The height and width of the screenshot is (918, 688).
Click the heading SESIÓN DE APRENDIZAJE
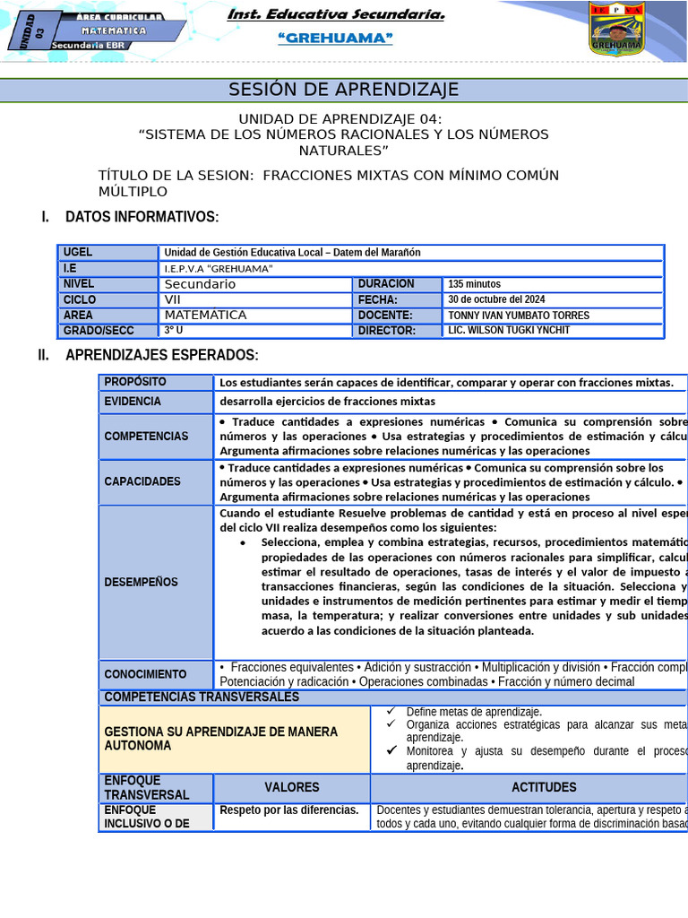pyautogui.click(x=344, y=90)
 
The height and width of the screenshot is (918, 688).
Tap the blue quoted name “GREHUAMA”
pyautogui.click(x=336, y=38)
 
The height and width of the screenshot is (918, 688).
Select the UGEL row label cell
pyautogui.click(x=107, y=253)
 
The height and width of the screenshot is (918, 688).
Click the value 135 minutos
pyautogui.click(x=476, y=284)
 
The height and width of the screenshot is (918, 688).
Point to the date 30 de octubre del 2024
pyautogui.click(x=496, y=299)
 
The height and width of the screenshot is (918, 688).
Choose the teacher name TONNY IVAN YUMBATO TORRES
pyautogui.click(x=519, y=316)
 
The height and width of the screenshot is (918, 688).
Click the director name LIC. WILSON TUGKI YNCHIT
pyautogui.click(x=508, y=330)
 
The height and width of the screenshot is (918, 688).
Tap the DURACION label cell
pyautogui.click(x=386, y=283)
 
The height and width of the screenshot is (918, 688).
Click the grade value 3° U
pyautogui.click(x=174, y=331)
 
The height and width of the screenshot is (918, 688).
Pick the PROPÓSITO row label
pyautogui.click(x=135, y=383)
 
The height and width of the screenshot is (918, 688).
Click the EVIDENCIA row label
pyautogui.click(x=133, y=402)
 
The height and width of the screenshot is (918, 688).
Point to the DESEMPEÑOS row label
pyautogui.click(x=141, y=582)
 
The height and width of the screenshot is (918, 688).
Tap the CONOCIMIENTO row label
pyautogui.click(x=145, y=674)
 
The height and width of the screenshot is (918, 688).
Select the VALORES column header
pyautogui.click(x=292, y=787)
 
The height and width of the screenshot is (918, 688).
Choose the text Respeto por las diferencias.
pyautogui.click(x=288, y=810)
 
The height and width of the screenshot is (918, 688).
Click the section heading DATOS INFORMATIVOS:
pyautogui.click(x=142, y=217)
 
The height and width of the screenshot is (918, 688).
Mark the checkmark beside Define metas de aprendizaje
pyautogui.click(x=391, y=712)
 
